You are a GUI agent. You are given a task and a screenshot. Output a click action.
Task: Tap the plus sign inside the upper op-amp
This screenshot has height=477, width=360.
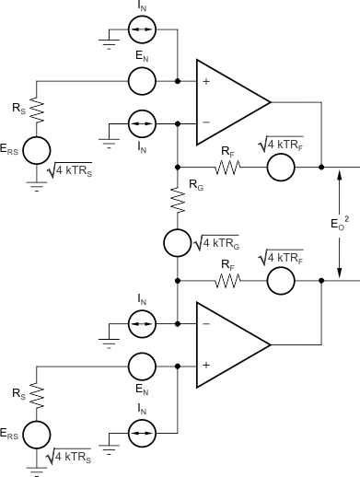click(205, 82)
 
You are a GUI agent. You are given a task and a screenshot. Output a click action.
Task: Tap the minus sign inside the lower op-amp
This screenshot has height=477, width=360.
click(205, 324)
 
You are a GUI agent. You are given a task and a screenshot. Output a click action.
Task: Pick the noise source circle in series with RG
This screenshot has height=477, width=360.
click(177, 244)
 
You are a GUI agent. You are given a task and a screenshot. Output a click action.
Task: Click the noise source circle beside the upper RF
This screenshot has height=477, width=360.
click(281, 168)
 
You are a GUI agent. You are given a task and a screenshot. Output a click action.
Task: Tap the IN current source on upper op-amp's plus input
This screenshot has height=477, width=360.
click(142, 40)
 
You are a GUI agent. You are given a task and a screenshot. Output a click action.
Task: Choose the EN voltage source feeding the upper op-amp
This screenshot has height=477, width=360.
click(142, 81)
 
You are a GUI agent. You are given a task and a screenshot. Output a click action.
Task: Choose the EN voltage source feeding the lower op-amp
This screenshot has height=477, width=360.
click(142, 365)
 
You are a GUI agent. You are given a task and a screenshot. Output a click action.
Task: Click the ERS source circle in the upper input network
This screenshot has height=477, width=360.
click(38, 150)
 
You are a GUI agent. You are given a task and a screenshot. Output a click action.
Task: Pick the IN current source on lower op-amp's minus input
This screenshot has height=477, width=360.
click(142, 324)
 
